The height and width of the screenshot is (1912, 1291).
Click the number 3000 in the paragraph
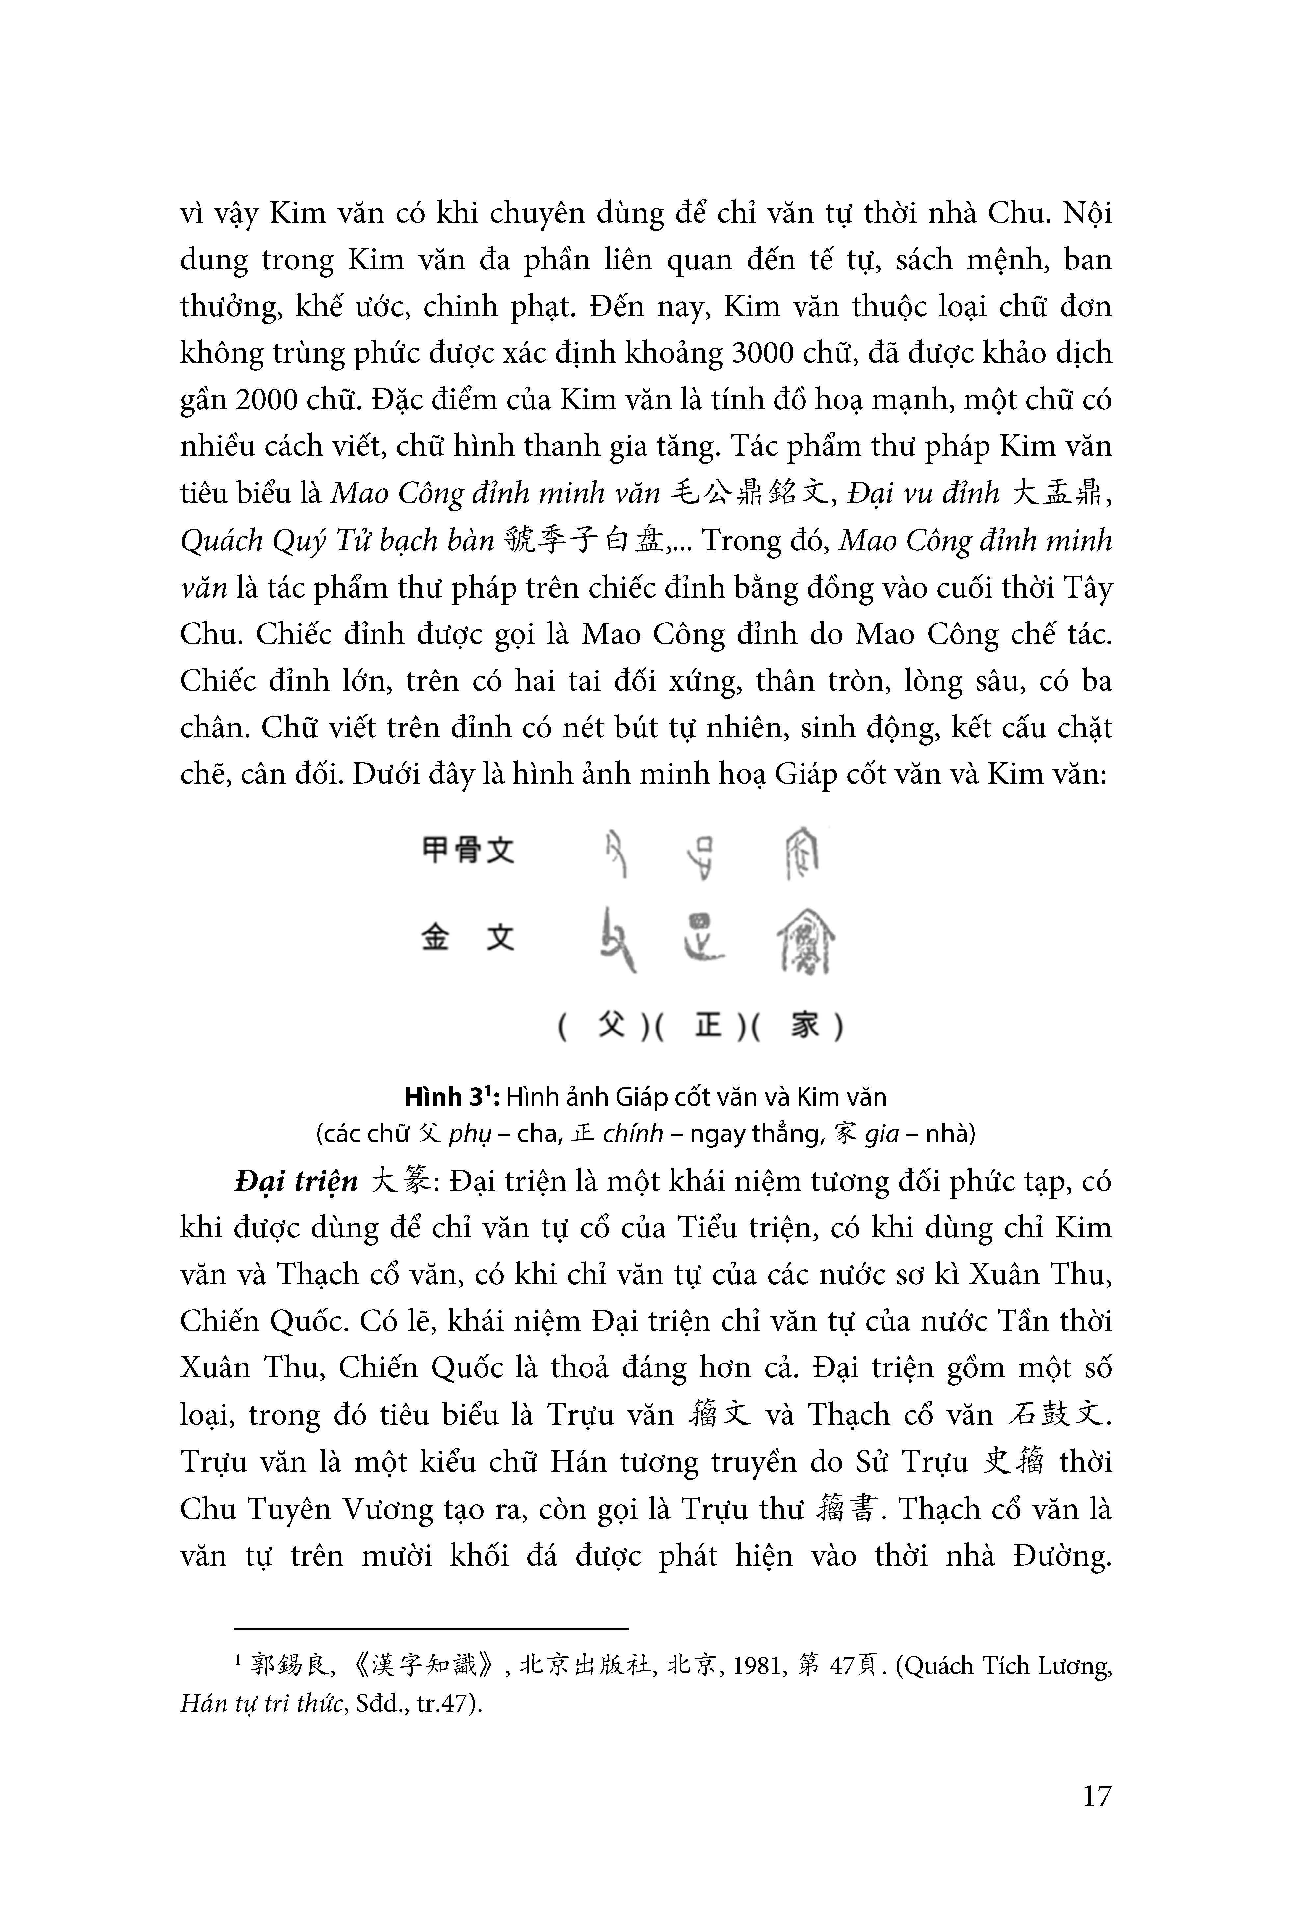(764, 353)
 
